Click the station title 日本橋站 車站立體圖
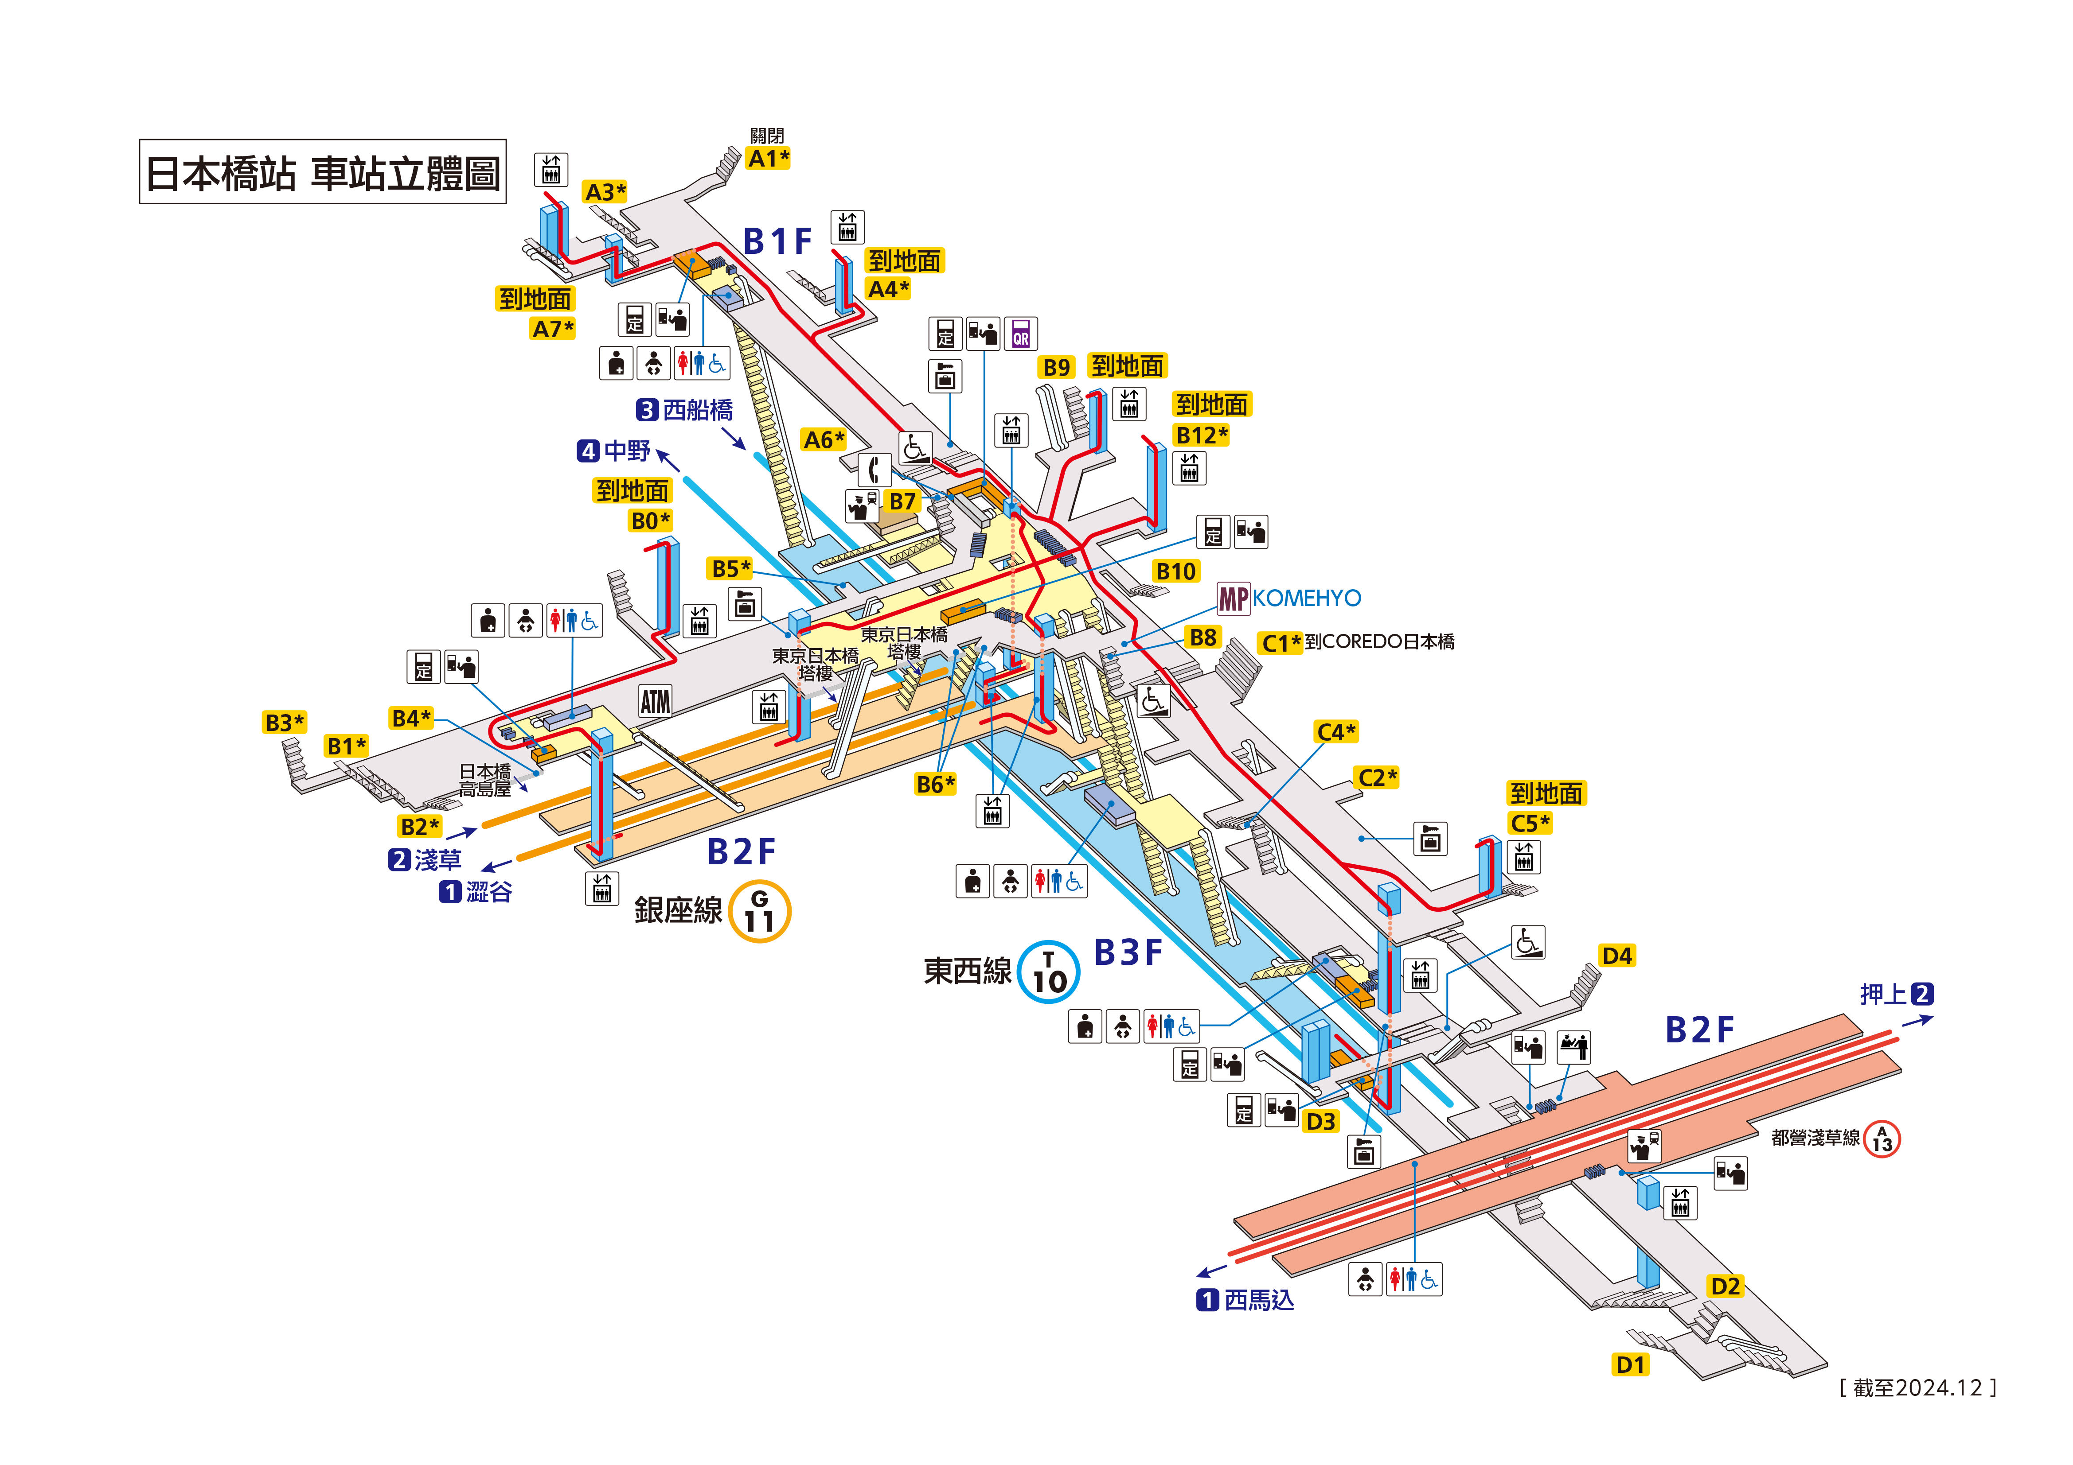tap(322, 171)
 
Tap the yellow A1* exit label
tap(769, 159)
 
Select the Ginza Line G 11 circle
tap(759, 912)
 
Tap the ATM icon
tap(655, 701)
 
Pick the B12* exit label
tap(1201, 435)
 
